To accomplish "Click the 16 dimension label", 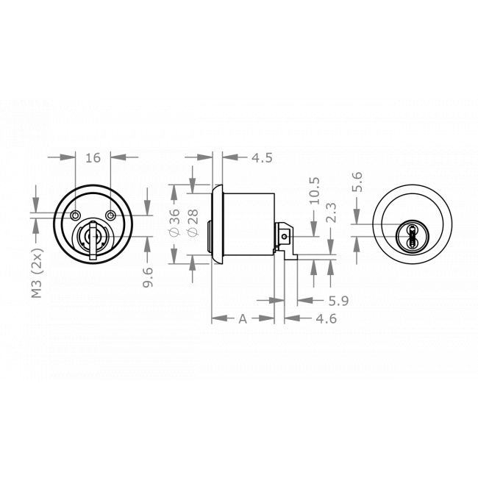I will click(x=93, y=157).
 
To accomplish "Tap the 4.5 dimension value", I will click(x=262, y=157).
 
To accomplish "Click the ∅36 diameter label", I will click(x=175, y=221).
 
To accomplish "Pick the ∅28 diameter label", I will click(x=193, y=221).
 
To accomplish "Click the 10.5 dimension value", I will click(x=315, y=190).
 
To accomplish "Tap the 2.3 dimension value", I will click(x=332, y=213).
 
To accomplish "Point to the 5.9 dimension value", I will click(x=317, y=300).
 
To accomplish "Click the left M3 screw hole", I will click(x=76, y=215).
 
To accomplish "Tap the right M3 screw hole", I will click(x=110, y=215).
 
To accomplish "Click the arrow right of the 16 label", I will click(x=125, y=157).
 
